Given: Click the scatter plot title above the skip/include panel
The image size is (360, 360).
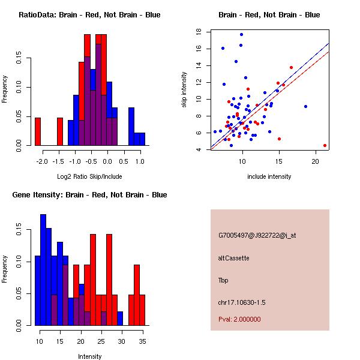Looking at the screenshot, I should click(269, 15).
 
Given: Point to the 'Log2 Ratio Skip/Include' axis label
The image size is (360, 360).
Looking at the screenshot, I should click(89, 176).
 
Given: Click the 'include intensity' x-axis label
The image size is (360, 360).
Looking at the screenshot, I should click(269, 176).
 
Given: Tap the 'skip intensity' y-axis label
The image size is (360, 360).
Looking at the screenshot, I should click(185, 90).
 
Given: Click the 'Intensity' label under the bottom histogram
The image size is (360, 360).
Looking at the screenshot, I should click(89, 356).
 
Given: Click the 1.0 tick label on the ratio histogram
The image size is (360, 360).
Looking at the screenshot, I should click(140, 161).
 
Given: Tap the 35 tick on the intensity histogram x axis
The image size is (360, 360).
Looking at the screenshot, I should click(142, 341).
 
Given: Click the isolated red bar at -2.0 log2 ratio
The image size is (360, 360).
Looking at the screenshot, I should click(38, 131).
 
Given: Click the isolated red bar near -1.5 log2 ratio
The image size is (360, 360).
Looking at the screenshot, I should click(60, 131).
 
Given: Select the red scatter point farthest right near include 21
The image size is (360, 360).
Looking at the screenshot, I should click(325, 145).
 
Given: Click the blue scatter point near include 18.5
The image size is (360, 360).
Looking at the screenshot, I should click(305, 106).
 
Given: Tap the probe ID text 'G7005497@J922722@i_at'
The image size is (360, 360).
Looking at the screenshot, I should click(257, 235).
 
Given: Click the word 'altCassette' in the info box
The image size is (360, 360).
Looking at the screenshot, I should click(234, 258).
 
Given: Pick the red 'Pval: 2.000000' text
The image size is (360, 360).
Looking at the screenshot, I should click(239, 319).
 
